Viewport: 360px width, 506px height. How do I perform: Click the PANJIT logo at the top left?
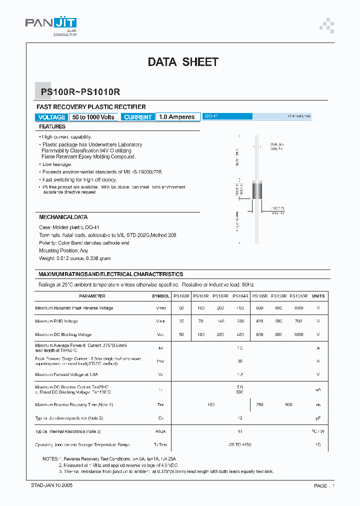[x=50, y=23]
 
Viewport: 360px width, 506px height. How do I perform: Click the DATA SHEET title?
[x=183, y=62]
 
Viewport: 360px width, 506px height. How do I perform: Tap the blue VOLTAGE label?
[x=51, y=117]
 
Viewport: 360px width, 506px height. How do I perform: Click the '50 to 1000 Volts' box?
[x=93, y=117]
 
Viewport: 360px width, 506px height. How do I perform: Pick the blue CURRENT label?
[x=137, y=117]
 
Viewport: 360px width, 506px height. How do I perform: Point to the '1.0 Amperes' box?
[x=176, y=117]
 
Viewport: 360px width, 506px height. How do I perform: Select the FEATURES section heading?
[x=52, y=127]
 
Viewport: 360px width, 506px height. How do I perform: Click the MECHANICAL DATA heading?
[x=63, y=217]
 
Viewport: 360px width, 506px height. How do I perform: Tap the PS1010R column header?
[x=298, y=296]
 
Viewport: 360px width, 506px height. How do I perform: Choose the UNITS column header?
[x=318, y=296]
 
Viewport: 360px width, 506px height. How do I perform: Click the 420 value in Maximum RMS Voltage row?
[x=259, y=321]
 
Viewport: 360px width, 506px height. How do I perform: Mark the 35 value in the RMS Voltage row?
[x=180, y=321]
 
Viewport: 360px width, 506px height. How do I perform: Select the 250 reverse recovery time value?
[x=259, y=404]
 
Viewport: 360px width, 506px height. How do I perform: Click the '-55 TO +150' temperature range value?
[x=239, y=444]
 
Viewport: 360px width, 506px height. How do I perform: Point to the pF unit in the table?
[x=318, y=418]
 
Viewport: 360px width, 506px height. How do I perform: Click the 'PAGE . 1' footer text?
[x=324, y=485]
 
